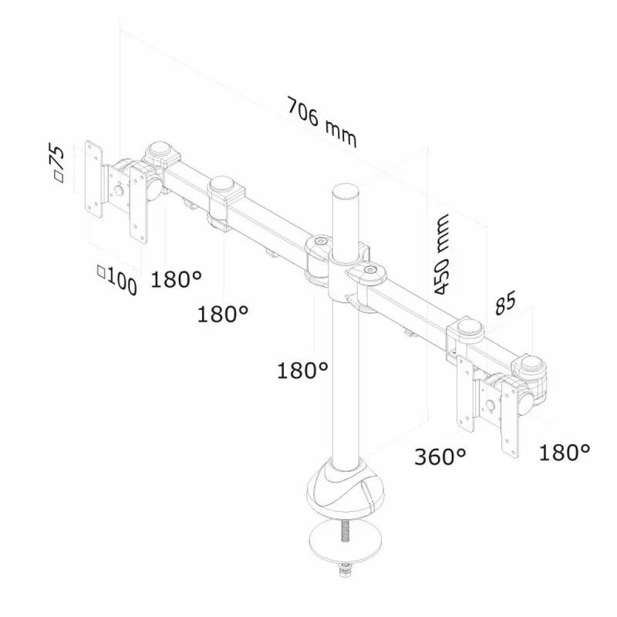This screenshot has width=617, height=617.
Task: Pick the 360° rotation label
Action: coord(440,456)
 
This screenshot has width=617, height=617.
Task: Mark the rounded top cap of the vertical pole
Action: coord(346,190)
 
